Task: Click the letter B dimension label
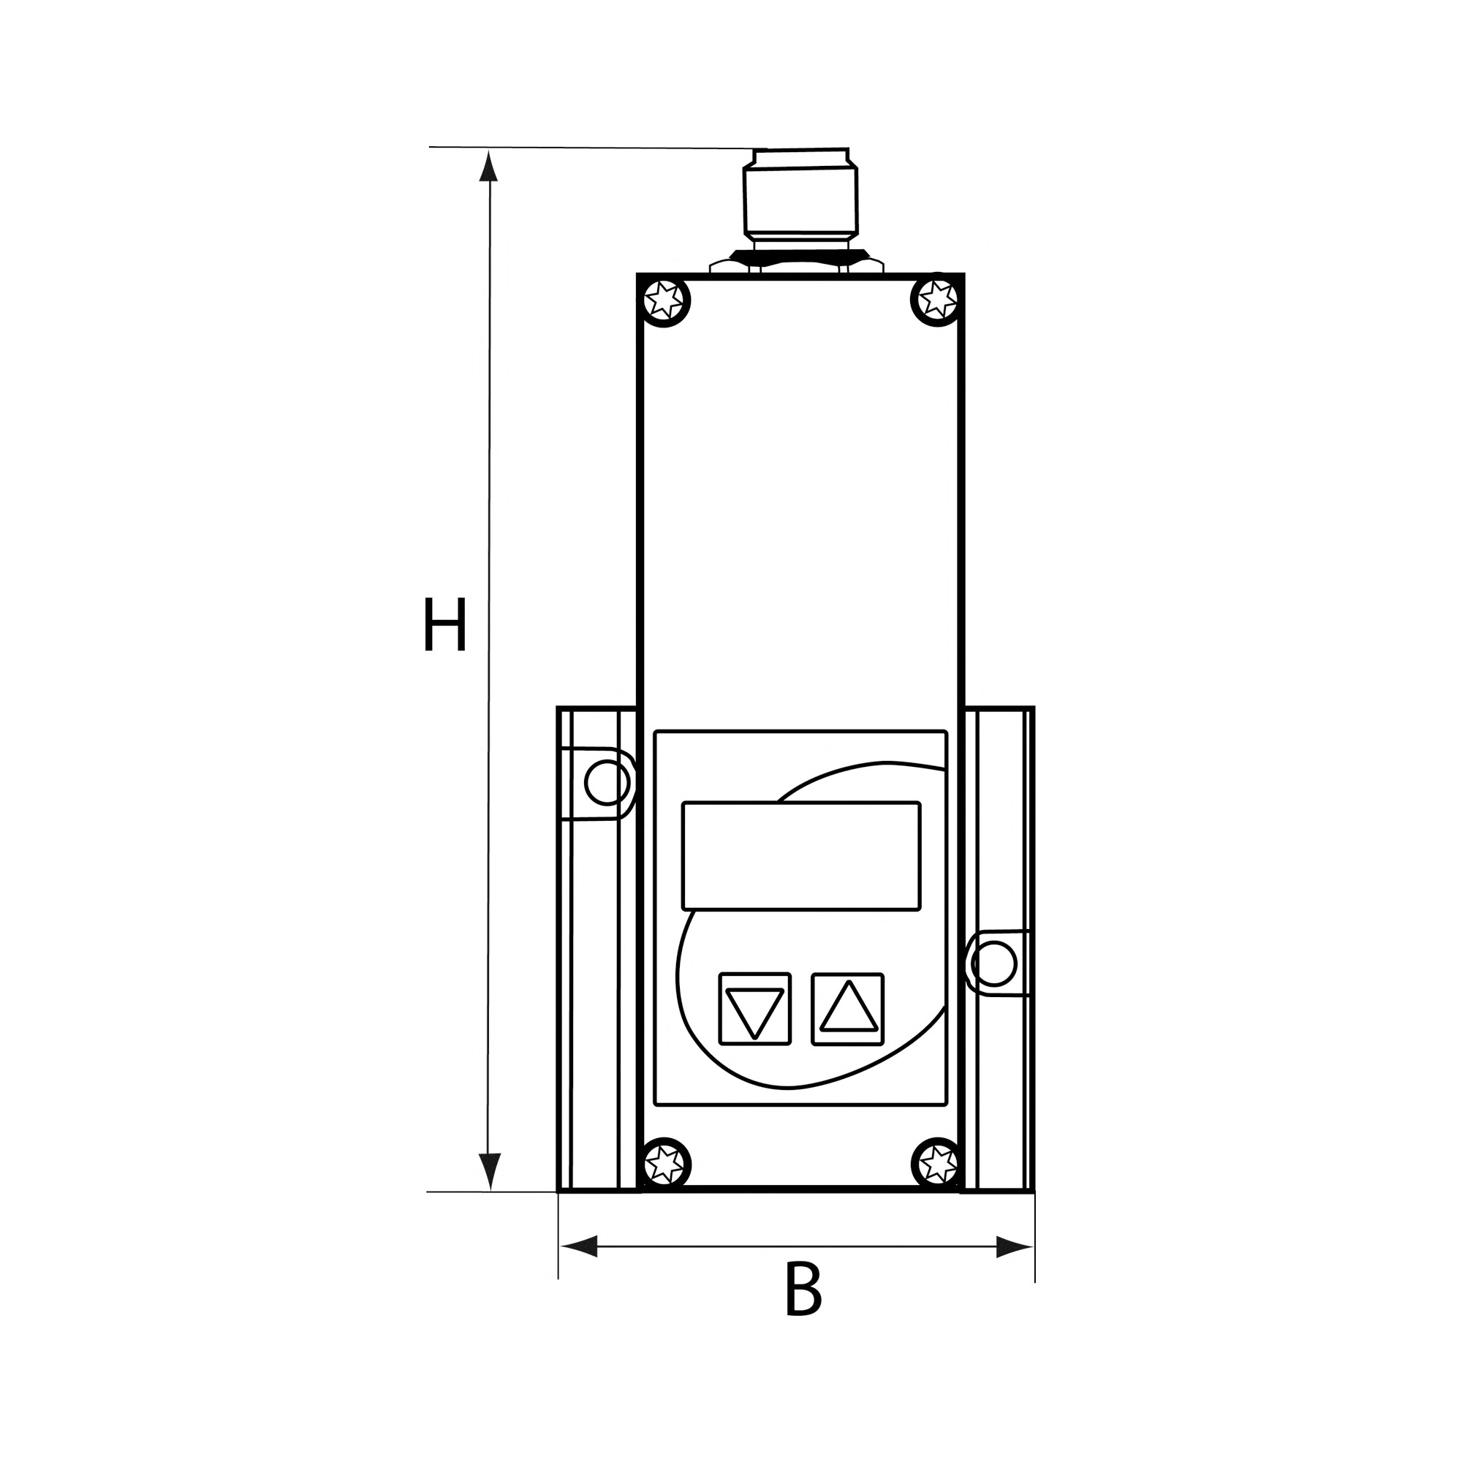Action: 802,1290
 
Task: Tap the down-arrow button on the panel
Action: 754,1009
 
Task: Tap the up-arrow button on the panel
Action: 847,1009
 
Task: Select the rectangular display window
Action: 801,856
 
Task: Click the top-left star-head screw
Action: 664,301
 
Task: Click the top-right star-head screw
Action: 937,300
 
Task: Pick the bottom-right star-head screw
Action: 938,1183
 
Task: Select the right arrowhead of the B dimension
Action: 1014,1246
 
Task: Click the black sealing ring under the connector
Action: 800,255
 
